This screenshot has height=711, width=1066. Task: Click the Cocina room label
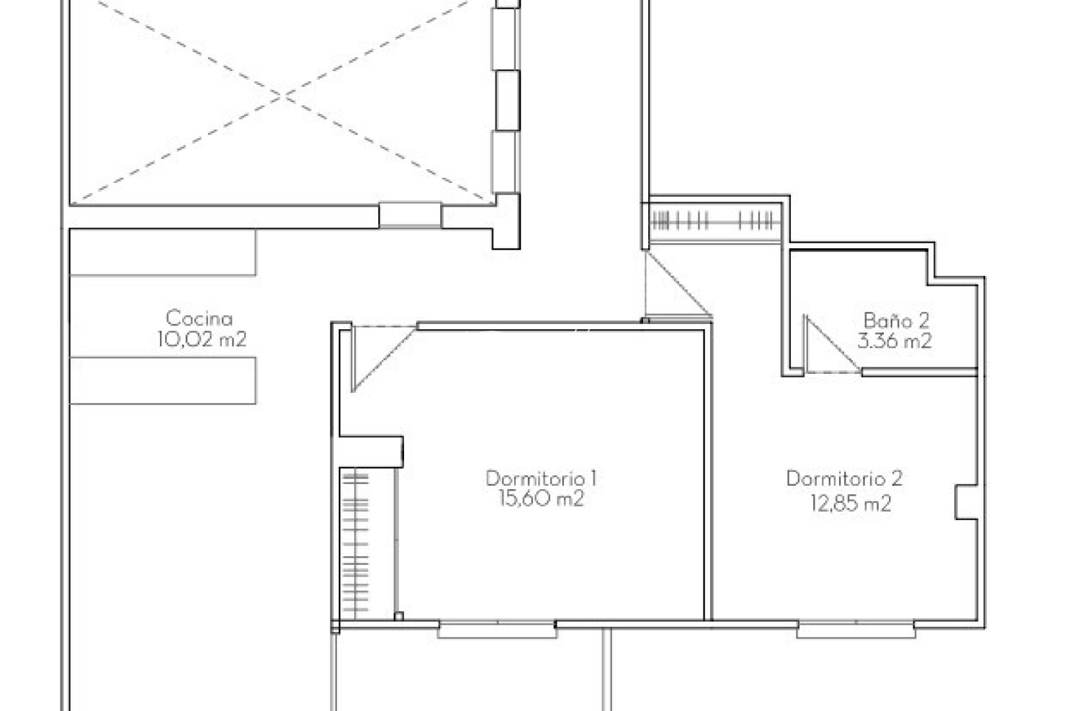point(199,319)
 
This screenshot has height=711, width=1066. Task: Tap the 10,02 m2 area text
point(201,340)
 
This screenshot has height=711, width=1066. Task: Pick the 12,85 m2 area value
point(851,504)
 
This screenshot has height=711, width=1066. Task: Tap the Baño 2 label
point(896,321)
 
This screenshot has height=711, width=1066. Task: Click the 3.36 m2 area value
point(894,341)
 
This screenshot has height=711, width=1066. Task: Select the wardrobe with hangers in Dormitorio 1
point(356,543)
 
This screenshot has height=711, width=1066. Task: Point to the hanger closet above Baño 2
point(715,220)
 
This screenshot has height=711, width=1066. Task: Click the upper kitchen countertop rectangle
point(163,252)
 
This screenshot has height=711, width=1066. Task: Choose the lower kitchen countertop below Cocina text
point(163,381)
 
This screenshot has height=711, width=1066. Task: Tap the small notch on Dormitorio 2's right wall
point(965,503)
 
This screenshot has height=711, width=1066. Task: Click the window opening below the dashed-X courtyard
point(409,215)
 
